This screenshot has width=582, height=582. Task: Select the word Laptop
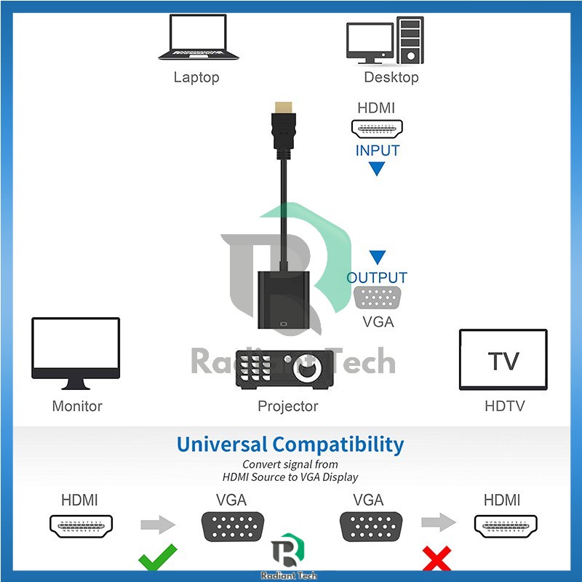click(x=196, y=77)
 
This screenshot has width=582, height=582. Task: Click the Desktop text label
click(x=391, y=77)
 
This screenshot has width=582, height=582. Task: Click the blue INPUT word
click(x=377, y=151)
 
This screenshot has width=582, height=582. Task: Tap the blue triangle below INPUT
click(x=377, y=170)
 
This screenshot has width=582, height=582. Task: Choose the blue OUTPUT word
click(x=377, y=277)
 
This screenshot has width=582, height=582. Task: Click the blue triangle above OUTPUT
click(x=377, y=258)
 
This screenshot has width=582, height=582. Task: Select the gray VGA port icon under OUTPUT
click(x=377, y=299)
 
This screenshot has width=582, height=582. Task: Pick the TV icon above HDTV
click(x=503, y=359)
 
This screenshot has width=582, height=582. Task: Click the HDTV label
click(x=504, y=406)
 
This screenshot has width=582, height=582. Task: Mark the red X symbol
click(x=436, y=559)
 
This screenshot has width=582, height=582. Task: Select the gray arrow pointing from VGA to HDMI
click(x=438, y=522)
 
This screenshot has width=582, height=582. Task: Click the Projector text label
click(x=287, y=406)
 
